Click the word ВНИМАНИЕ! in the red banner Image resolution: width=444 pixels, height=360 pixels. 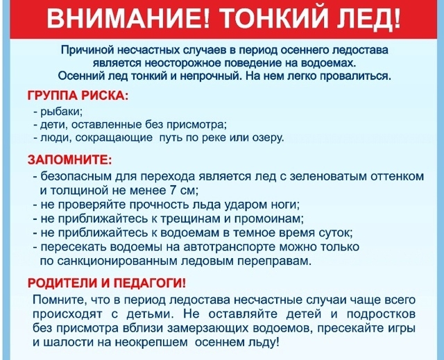click(x=128, y=18)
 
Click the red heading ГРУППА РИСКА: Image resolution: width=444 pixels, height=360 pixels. click(x=78, y=95)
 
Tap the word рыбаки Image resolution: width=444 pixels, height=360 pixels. click(x=61, y=112)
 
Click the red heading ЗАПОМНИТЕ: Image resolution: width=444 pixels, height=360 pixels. click(x=69, y=160)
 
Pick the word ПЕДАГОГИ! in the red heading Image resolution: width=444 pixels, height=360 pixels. click(x=150, y=283)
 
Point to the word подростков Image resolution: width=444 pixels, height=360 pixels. click(x=381, y=314)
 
